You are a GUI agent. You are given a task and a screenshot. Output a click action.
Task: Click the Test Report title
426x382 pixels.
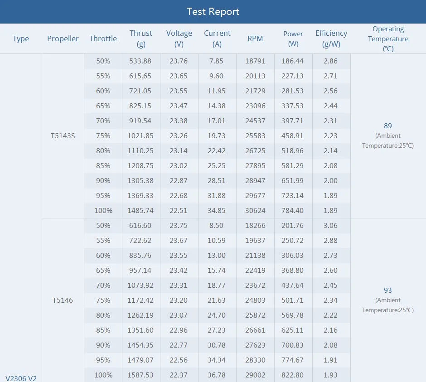pyautogui.click(x=213, y=12)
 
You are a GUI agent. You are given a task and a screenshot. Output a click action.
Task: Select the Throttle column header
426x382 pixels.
pyautogui.click(x=103, y=39)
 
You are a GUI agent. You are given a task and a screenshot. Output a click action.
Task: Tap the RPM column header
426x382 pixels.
pyautogui.click(x=255, y=39)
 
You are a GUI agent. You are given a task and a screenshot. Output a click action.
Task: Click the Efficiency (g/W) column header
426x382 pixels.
pyautogui.click(x=331, y=39)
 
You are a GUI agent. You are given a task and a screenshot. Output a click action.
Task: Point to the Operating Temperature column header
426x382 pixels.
pyautogui.click(x=388, y=39)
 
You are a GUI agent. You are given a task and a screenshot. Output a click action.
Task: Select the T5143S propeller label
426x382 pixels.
pyautogui.click(x=63, y=135)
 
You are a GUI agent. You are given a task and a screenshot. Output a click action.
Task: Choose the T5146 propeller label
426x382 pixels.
pyautogui.click(x=63, y=300)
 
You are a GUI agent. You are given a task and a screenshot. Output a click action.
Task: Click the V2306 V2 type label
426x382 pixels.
pyautogui.click(x=21, y=378)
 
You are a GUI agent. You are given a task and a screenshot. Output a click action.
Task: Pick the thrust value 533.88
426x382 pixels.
pyautogui.click(x=140, y=61)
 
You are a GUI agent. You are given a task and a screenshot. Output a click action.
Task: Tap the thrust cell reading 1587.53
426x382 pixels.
pyautogui.click(x=140, y=375)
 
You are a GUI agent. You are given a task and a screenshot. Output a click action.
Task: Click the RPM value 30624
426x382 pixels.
pyautogui.click(x=255, y=210)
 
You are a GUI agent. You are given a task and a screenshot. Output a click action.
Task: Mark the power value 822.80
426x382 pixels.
pyautogui.click(x=293, y=375)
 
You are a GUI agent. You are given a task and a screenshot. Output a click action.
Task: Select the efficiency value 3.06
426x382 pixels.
pyautogui.click(x=330, y=225)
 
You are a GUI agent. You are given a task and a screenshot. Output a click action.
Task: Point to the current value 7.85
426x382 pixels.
pyautogui.click(x=217, y=61)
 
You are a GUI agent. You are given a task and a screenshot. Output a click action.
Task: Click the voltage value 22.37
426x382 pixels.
pyautogui.click(x=179, y=375)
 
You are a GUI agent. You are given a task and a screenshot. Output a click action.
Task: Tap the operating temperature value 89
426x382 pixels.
pyautogui.click(x=387, y=126)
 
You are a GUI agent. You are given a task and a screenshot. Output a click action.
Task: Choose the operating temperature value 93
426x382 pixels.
pyautogui.click(x=387, y=290)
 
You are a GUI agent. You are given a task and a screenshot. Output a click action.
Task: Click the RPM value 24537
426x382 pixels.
pyautogui.click(x=255, y=121)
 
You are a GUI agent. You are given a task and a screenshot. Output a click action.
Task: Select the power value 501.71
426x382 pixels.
pyautogui.click(x=293, y=300)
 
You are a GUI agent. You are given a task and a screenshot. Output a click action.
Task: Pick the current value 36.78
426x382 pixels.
pyautogui.click(x=217, y=375)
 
